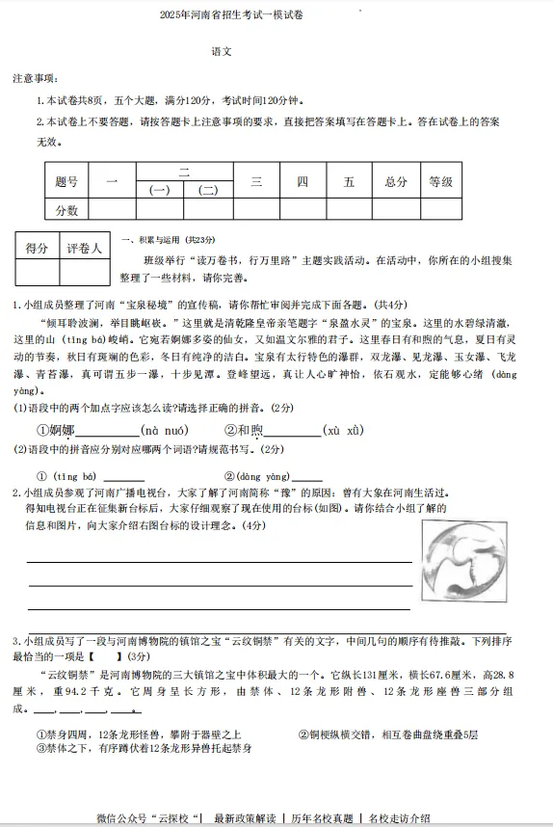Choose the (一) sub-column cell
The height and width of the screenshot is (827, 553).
click(x=160, y=190)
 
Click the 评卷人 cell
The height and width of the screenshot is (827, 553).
click(x=84, y=249)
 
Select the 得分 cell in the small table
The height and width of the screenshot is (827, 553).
click(x=36, y=249)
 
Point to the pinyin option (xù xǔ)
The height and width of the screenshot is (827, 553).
click(x=343, y=430)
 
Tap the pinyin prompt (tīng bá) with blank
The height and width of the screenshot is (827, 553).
click(x=90, y=476)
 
